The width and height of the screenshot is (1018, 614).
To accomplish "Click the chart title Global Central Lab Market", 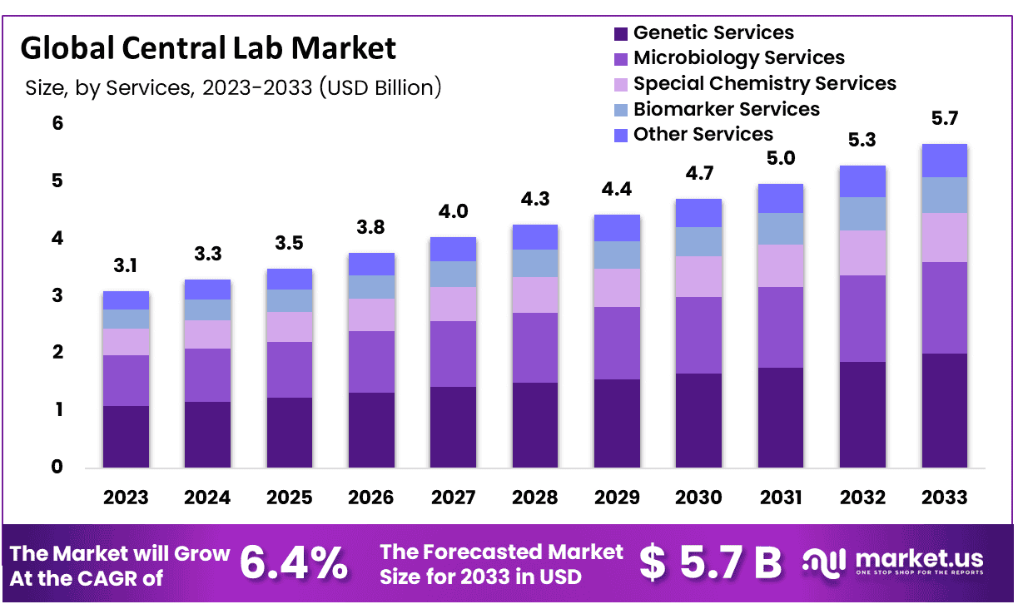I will pyautogui.click(x=208, y=48).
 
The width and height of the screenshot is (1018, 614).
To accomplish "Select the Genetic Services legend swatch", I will pyautogui.click(x=620, y=34).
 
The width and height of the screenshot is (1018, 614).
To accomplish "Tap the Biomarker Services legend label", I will pyautogui.click(x=726, y=110).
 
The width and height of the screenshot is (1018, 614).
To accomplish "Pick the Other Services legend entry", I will pyautogui.click(x=703, y=135).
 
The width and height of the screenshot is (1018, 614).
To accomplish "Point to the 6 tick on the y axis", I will pyautogui.click(x=57, y=123).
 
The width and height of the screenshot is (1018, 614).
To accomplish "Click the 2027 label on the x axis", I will pyautogui.click(x=453, y=498).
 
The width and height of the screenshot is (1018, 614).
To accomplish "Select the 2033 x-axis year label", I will pyautogui.click(x=944, y=498).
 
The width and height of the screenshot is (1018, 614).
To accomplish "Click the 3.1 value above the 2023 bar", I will pyautogui.click(x=126, y=267).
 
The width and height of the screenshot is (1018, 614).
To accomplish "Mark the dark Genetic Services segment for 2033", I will pyautogui.click(x=944, y=411).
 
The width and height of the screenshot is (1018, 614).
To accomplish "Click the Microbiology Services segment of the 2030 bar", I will pyautogui.click(x=698, y=335).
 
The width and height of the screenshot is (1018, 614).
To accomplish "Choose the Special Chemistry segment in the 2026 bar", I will pyautogui.click(x=371, y=314).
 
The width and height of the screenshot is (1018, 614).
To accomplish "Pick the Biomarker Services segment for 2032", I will pyautogui.click(x=862, y=214).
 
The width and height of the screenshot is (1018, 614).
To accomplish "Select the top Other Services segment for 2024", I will pyautogui.click(x=207, y=290).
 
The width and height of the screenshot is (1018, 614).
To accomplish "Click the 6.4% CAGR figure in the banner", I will pyautogui.click(x=294, y=563).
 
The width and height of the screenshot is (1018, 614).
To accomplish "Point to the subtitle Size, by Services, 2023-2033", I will pyautogui.click(x=233, y=87).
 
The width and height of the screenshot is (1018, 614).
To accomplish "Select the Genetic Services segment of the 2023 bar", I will pyautogui.click(x=126, y=437).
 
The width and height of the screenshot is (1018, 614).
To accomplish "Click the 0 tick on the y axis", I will pyautogui.click(x=57, y=468).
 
